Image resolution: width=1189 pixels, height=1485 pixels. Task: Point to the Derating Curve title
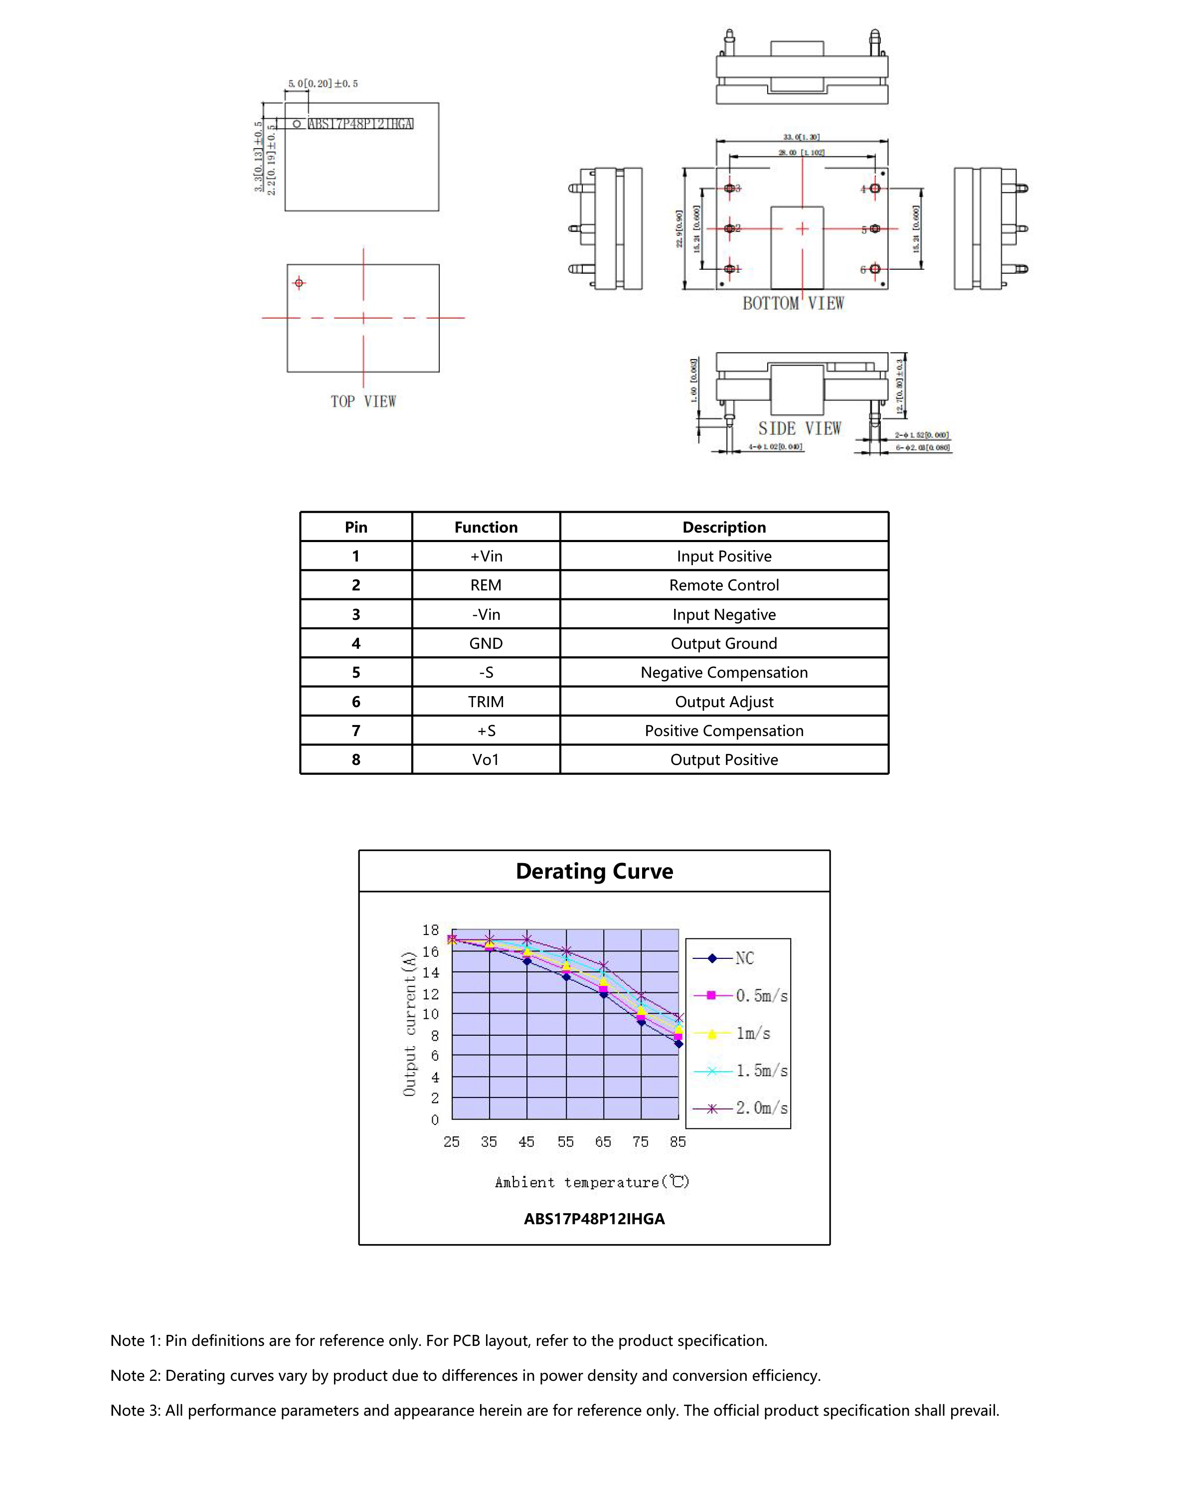pyautogui.click(x=594, y=871)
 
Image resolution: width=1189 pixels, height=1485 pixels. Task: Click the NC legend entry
pyautogui.click(x=743, y=958)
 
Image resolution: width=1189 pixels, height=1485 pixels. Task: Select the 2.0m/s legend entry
pyautogui.click(x=761, y=1108)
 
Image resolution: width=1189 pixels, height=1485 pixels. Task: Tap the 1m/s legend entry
pyautogui.click(x=752, y=1033)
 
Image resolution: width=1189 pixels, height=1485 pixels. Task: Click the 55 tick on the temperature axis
pyautogui.click(x=565, y=1142)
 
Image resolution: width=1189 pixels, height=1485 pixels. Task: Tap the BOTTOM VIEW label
pyautogui.click(x=793, y=303)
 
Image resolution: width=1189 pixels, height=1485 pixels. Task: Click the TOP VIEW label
pyautogui.click(x=363, y=401)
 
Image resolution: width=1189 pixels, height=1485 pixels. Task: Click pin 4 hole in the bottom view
pyautogui.click(x=874, y=188)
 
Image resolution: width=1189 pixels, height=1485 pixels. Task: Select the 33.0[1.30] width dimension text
pyautogui.click(x=801, y=137)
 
